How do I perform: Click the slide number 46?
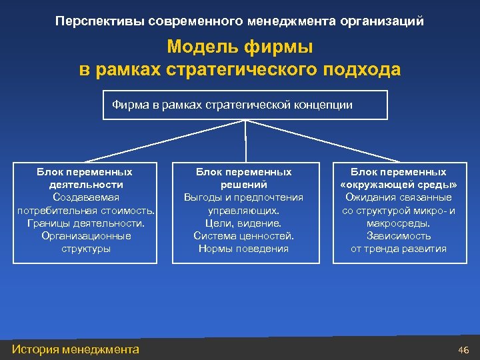[464, 349]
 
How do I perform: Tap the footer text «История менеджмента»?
[76, 349]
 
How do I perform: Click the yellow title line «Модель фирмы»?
[240, 47]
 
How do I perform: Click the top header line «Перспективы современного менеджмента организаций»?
[240, 21]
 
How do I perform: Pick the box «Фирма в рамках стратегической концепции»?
[245, 105]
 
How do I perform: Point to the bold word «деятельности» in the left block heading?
[85, 185]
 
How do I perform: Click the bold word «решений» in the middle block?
[243, 185]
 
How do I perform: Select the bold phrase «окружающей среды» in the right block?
[399, 185]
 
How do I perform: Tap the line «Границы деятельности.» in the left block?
[85, 223]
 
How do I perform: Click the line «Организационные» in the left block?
[85, 235]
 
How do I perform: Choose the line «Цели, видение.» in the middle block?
[243, 223]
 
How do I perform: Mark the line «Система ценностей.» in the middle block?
[243, 235]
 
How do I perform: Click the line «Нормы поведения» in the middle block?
[243, 248]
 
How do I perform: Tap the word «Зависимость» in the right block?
[399, 235]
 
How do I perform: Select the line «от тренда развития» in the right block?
[399, 248]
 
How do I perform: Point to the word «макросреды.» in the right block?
[399, 223]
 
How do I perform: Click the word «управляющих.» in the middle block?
[243, 210]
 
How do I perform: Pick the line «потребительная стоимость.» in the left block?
[85, 210]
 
